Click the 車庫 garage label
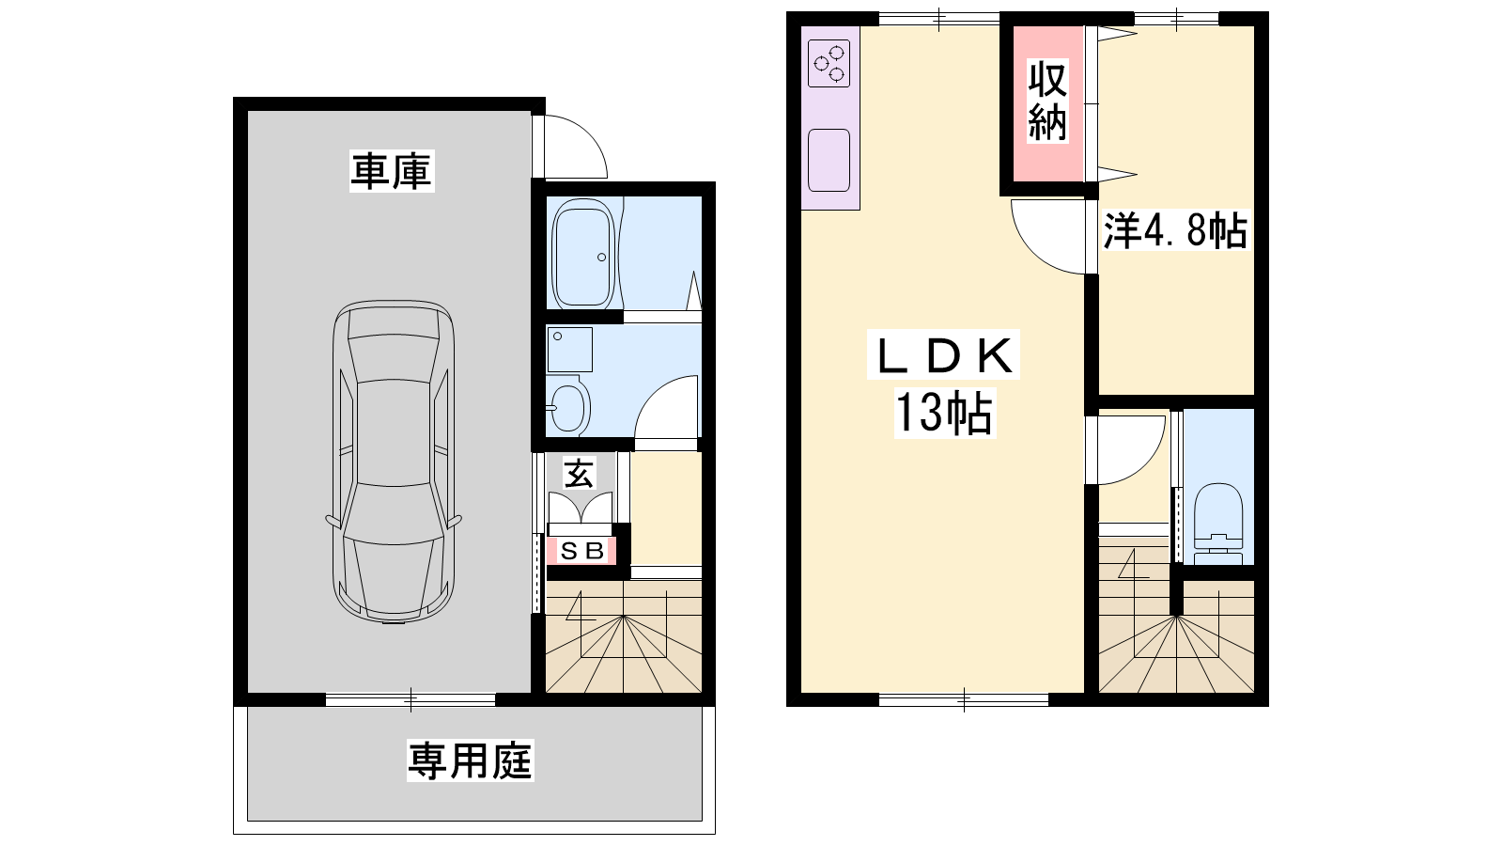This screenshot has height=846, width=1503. (x=392, y=171)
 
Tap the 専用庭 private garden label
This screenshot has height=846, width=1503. (x=471, y=760)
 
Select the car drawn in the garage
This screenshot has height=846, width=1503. (x=394, y=462)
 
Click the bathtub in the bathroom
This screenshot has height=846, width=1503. (x=582, y=258)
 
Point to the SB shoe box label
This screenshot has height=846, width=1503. (x=581, y=551)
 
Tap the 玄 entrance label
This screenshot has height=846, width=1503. (x=579, y=474)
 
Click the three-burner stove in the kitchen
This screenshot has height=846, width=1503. (x=829, y=63)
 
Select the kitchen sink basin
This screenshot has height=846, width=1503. (x=829, y=161)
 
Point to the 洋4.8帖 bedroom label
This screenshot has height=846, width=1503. (x=1175, y=230)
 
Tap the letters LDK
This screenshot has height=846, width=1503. (x=944, y=354)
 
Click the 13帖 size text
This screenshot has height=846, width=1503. (x=945, y=413)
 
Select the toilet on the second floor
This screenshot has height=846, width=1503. (x=1218, y=524)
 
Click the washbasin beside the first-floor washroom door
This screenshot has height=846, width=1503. (x=567, y=405)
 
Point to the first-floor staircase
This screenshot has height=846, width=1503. (x=624, y=636)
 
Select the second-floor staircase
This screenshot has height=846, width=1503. (x=1175, y=615)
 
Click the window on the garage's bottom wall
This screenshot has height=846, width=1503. (x=411, y=699)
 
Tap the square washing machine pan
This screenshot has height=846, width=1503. (x=569, y=349)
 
